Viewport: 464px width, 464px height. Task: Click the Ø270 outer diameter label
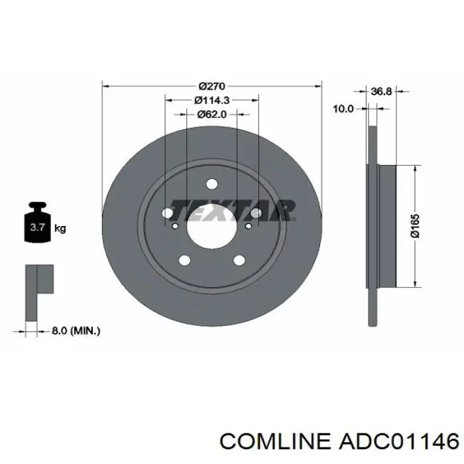[x=212, y=86]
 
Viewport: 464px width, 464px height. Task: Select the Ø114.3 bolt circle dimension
[x=212, y=100]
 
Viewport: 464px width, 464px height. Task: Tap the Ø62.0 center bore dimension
[x=212, y=114]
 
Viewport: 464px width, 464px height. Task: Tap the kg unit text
[x=60, y=229]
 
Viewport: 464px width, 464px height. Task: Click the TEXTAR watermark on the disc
[x=232, y=211]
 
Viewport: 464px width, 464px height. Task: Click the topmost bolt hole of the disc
[x=212, y=184]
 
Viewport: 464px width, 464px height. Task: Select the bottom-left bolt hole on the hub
[x=185, y=260]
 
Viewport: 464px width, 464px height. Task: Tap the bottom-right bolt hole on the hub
[x=239, y=260]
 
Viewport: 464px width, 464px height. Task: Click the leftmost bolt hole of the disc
[x=168, y=213]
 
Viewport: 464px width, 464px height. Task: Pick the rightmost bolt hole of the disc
[x=257, y=213]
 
